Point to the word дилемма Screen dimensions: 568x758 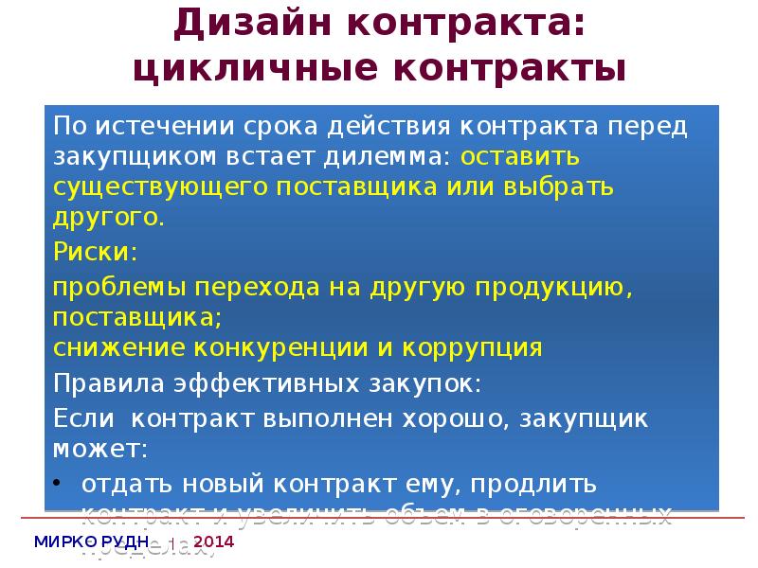pyautogui.click(x=391, y=156)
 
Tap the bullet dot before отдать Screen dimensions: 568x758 pyautogui.click(x=60, y=484)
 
